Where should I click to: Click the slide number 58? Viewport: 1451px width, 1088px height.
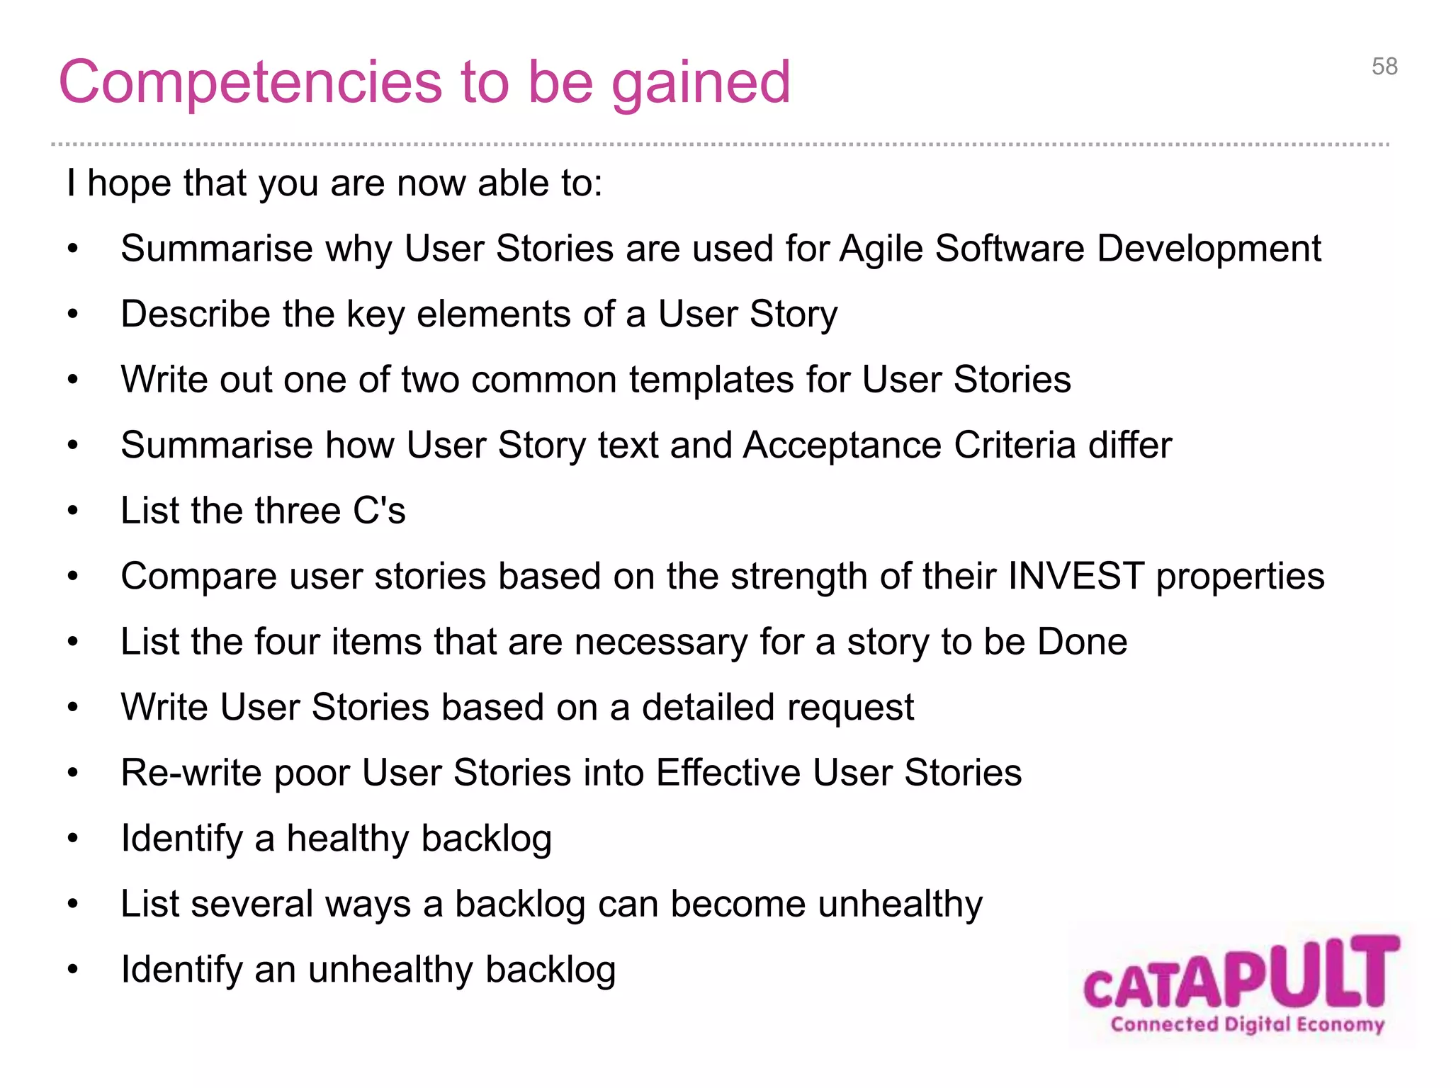(x=1384, y=67)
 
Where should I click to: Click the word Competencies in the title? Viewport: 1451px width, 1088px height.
(x=247, y=84)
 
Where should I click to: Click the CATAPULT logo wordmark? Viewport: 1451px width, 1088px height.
(x=1241, y=975)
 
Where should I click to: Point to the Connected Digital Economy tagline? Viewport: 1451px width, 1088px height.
(x=1247, y=1024)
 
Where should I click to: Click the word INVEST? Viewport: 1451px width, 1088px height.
(x=1075, y=576)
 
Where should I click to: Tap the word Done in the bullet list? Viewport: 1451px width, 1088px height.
(x=1082, y=642)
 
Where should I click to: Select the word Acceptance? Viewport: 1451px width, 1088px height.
(x=842, y=446)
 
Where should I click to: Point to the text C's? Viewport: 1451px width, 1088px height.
(x=379, y=511)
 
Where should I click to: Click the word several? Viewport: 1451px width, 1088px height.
(x=251, y=905)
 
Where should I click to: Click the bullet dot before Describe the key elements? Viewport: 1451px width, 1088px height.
(x=72, y=314)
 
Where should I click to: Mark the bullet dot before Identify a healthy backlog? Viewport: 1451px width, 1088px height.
(x=72, y=839)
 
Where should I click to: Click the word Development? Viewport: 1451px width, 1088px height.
(x=1209, y=249)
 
